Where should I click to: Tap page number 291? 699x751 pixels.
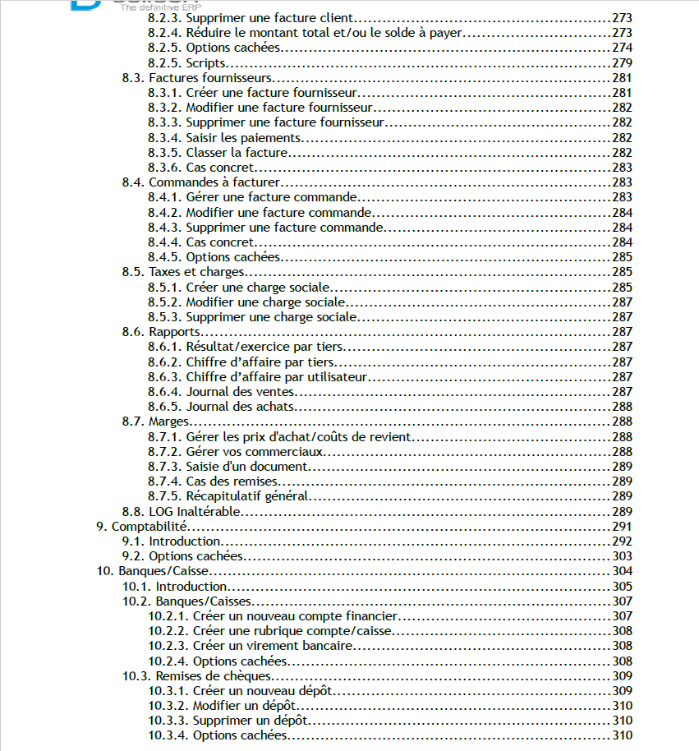(622, 526)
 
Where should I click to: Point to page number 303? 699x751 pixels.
(622, 556)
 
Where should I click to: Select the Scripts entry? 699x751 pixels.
(206, 63)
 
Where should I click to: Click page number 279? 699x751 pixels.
(622, 63)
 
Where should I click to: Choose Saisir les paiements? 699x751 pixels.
(243, 138)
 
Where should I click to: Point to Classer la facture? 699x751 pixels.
(237, 153)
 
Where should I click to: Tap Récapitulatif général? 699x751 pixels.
(246, 496)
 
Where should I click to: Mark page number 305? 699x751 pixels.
(622, 587)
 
